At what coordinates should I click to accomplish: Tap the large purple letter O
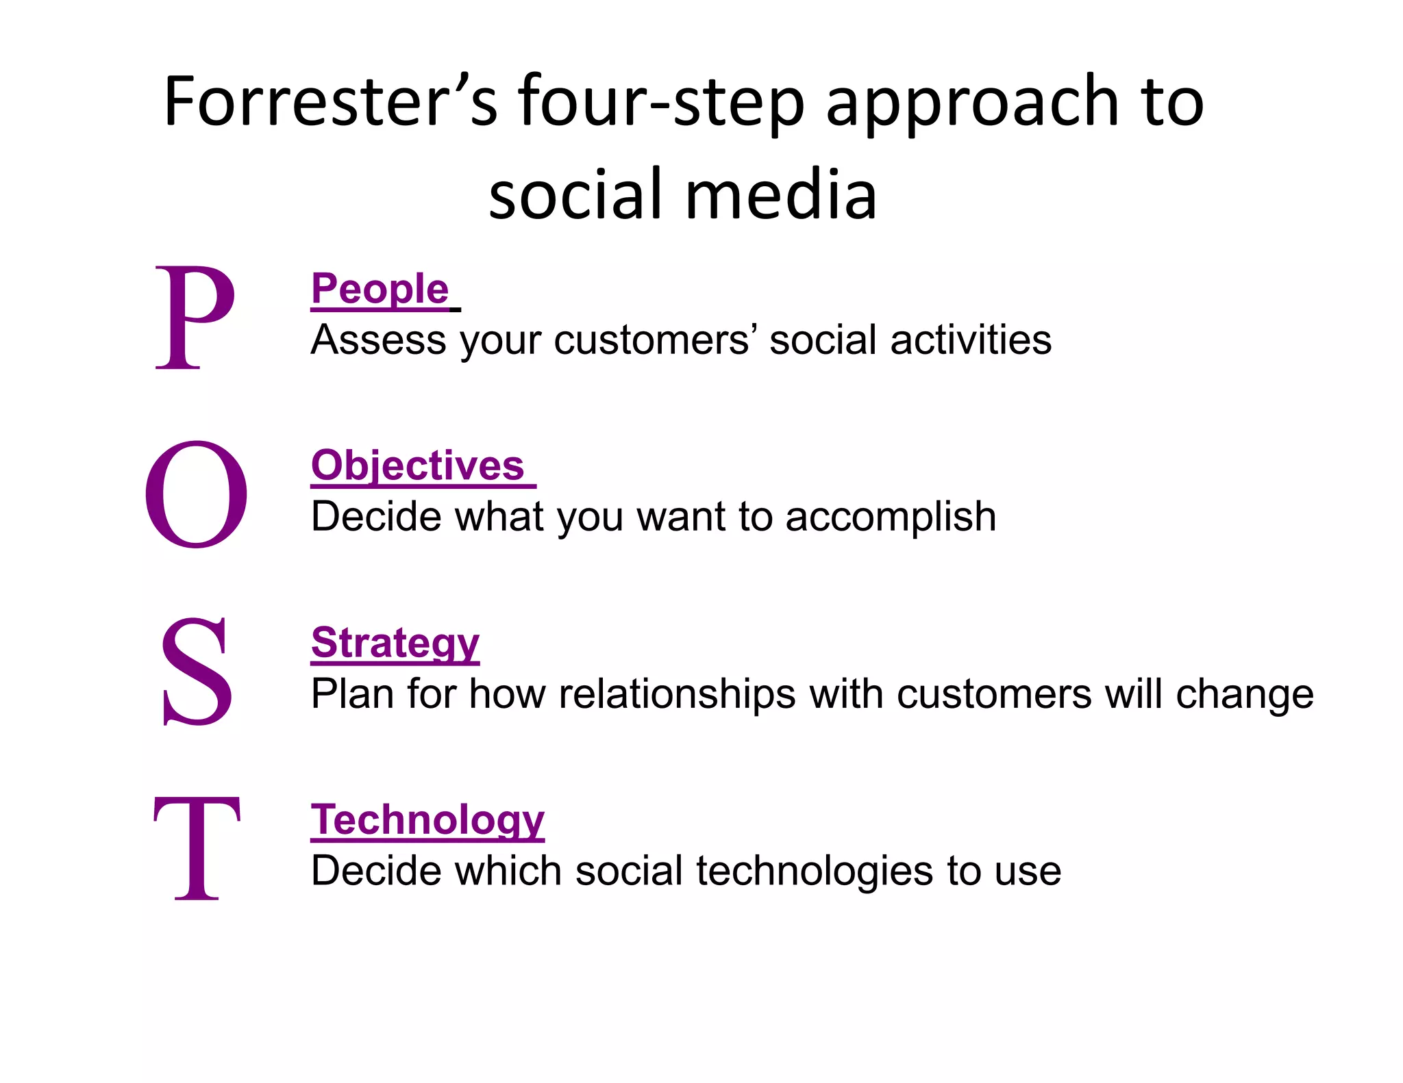(196, 494)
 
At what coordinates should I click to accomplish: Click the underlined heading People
(380, 289)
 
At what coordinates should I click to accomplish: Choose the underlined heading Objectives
(418, 466)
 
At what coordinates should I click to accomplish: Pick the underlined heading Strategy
(395, 643)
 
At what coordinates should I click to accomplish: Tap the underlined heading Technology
(427, 819)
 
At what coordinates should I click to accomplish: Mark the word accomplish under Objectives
(891, 518)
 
